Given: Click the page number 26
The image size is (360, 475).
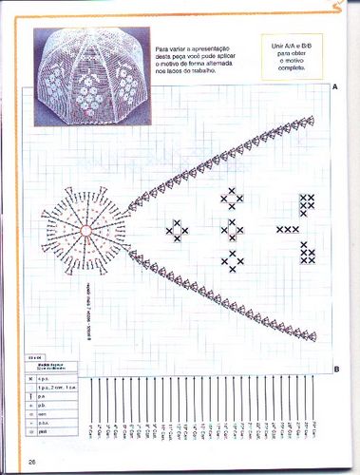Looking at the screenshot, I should (32, 462).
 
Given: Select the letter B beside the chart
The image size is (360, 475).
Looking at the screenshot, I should (337, 369).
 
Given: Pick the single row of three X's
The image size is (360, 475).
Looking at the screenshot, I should (287, 229).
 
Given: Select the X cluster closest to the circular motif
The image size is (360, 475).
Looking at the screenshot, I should (176, 229).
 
